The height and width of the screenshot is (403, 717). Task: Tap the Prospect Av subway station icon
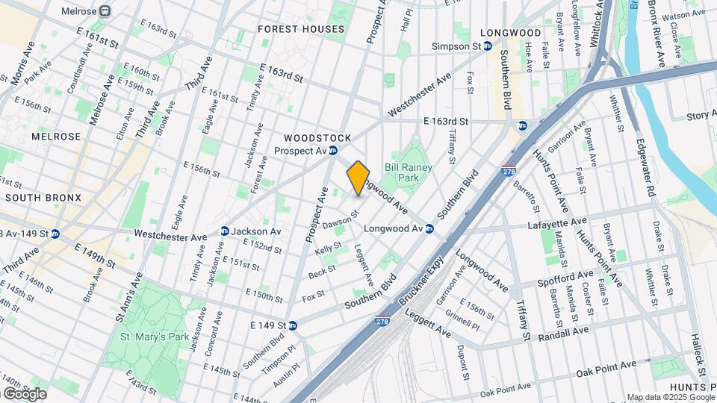point(333,151)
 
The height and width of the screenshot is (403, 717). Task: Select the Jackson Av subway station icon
point(224,231)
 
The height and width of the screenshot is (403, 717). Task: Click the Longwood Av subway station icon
point(429,228)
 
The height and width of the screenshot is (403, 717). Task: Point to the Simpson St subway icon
point(487,46)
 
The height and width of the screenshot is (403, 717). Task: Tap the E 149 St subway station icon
point(293,325)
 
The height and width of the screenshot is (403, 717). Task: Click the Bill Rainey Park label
point(409,173)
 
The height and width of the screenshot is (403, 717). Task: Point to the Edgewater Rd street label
point(647,169)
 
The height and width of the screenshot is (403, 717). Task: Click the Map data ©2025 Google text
point(670,397)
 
